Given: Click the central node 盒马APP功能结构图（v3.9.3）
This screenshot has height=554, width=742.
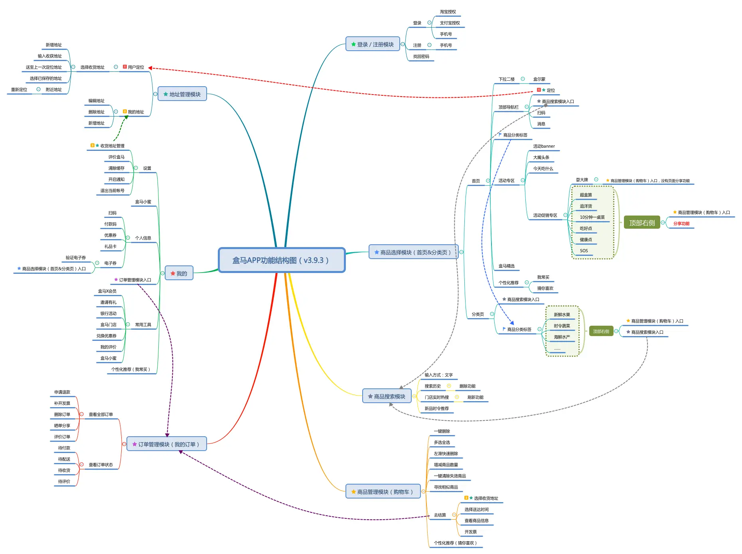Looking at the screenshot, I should [x=281, y=260].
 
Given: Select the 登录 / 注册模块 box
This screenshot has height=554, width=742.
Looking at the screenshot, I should [x=373, y=44].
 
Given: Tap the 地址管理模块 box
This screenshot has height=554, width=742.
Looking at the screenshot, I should [x=182, y=94].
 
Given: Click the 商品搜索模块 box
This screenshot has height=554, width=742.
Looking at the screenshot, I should [x=387, y=396].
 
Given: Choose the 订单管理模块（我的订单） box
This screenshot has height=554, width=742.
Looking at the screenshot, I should [x=166, y=444].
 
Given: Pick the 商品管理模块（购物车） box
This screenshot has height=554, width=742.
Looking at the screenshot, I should [x=383, y=492].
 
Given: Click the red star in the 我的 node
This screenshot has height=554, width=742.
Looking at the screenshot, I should [x=173, y=273].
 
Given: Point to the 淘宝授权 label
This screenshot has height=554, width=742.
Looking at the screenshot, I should [x=448, y=12].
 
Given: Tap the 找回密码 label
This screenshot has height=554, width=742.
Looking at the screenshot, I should [x=421, y=57].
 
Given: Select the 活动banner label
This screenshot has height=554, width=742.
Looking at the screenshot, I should [x=544, y=146].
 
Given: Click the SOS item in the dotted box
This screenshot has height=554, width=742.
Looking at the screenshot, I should [x=584, y=251].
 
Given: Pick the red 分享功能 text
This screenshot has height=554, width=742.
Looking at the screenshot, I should [x=681, y=224].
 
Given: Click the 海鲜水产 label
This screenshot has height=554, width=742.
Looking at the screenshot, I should [x=562, y=337].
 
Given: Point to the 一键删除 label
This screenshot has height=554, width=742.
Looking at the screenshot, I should [x=442, y=431].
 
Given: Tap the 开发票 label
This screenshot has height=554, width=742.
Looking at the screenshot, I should [x=470, y=532].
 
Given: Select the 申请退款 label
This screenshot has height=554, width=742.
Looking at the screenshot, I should [x=62, y=392].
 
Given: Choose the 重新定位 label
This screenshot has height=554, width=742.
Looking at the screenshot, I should [x=19, y=90].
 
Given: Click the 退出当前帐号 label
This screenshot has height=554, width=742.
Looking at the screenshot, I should [x=112, y=191].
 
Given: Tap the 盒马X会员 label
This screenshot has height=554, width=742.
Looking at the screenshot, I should [x=107, y=291].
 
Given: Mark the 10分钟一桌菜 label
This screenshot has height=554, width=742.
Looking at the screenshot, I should [x=592, y=218].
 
